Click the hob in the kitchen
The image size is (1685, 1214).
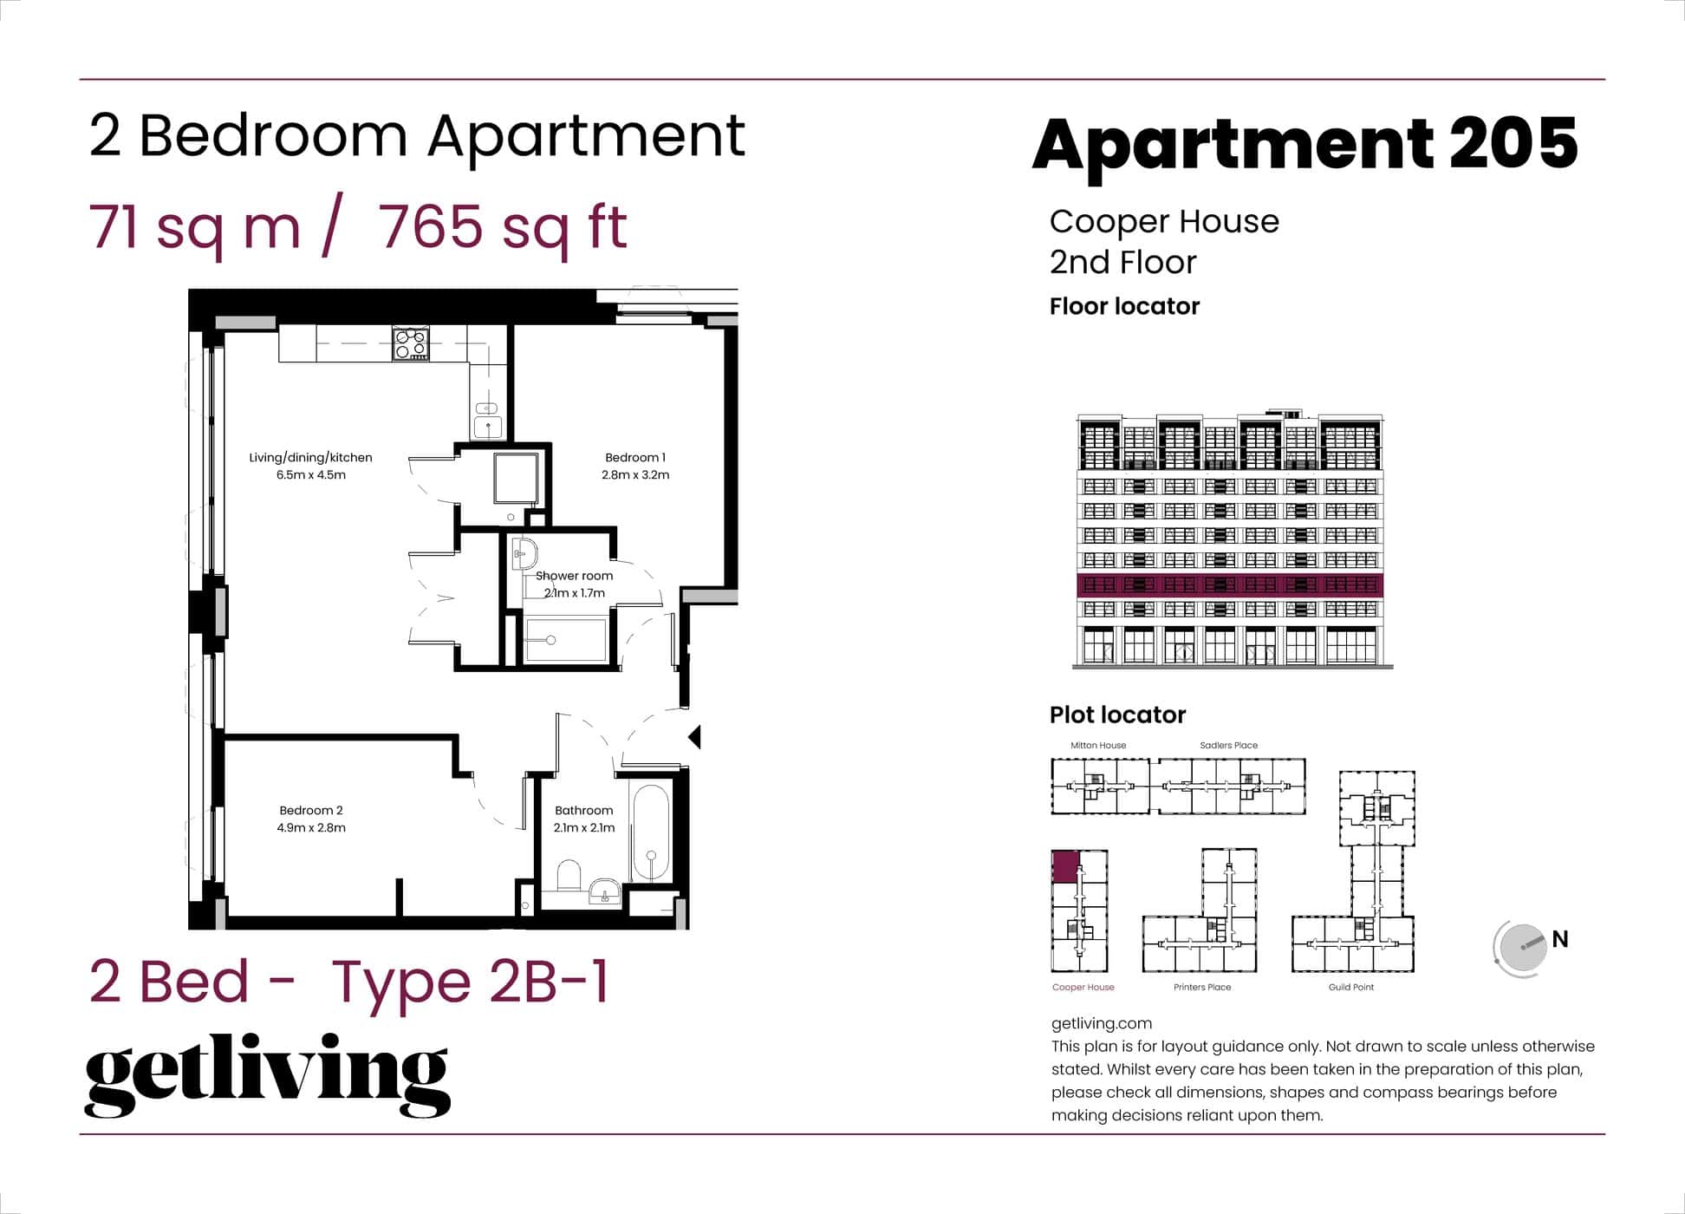pyautogui.click(x=411, y=343)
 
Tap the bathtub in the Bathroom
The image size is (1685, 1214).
pyautogui.click(x=650, y=834)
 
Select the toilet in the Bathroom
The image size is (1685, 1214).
pyautogui.click(x=569, y=876)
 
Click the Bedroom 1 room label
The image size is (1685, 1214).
pyautogui.click(x=635, y=458)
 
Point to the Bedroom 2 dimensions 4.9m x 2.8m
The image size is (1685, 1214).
pyautogui.click(x=311, y=828)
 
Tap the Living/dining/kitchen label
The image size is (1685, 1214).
pyautogui.click(x=310, y=458)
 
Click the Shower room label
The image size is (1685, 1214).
pyautogui.click(x=574, y=576)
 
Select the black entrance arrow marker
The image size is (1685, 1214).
pyautogui.click(x=694, y=737)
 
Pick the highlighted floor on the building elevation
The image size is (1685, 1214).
pyautogui.click(x=1229, y=585)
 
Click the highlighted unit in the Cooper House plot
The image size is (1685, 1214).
pyautogui.click(x=1065, y=867)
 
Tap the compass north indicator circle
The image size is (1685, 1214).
pyautogui.click(x=1522, y=948)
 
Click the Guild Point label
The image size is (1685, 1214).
pyautogui.click(x=1350, y=988)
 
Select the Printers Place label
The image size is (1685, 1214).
pyautogui.click(x=1201, y=988)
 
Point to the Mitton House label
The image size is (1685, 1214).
pyautogui.click(x=1098, y=746)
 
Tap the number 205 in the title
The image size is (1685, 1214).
pyautogui.click(x=1513, y=144)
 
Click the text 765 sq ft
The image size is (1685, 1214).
pyautogui.click(x=503, y=228)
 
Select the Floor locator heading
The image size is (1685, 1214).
pyautogui.click(x=1124, y=307)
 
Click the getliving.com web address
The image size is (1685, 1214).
pyautogui.click(x=1101, y=1024)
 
